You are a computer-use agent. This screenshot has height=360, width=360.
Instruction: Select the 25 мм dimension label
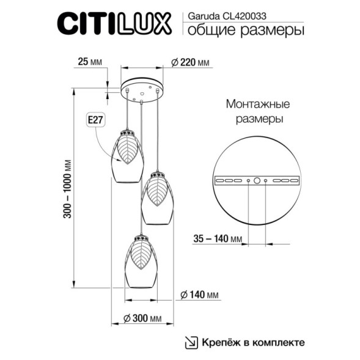tap(90, 62)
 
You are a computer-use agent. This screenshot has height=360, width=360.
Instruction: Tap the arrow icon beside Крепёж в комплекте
tap(192, 342)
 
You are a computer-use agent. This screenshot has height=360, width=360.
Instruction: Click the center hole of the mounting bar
tap(257, 181)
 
